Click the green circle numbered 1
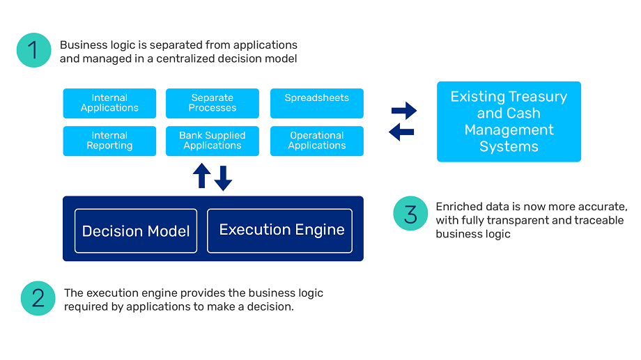34,50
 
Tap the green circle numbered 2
38,298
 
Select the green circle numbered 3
410,213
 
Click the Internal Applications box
109,103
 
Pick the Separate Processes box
213,103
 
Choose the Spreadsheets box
317,103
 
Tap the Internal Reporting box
109,141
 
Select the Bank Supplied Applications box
213,141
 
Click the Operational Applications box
317,141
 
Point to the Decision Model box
136,231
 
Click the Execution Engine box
279,231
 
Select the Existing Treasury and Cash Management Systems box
509,122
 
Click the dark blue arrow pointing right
404,110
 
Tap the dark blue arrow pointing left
401,132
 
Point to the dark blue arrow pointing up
202,175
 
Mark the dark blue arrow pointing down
223,178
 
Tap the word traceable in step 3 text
599,220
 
